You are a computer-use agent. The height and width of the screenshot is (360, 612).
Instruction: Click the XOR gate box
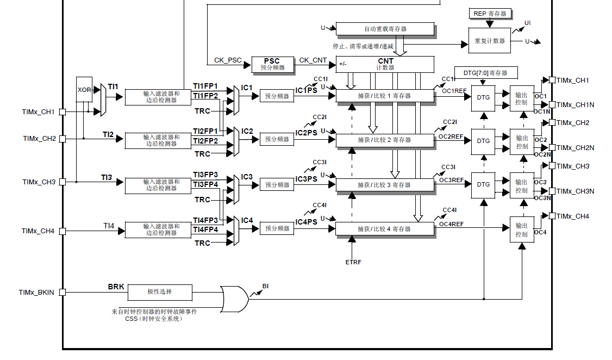click(84, 90)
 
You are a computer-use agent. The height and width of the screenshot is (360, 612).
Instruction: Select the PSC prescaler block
click(272, 64)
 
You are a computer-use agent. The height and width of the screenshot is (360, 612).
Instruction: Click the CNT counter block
click(385, 64)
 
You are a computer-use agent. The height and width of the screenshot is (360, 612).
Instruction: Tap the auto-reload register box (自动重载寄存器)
click(385, 29)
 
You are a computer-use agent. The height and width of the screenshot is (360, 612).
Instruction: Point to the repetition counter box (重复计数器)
click(489, 41)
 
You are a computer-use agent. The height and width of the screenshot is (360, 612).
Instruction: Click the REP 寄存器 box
click(490, 14)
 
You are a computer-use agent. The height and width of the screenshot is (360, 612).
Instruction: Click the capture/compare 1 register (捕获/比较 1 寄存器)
click(385, 96)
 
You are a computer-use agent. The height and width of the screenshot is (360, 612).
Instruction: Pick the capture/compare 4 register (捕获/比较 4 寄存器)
click(385, 229)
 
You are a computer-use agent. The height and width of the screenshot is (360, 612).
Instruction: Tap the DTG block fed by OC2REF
click(483, 141)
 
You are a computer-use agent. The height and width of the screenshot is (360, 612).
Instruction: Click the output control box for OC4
click(521, 229)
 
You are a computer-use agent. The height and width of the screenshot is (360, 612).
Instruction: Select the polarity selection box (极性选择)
click(159, 292)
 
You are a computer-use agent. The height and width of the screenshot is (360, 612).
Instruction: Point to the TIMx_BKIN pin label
click(36, 293)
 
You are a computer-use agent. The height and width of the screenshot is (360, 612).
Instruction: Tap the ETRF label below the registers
click(353, 262)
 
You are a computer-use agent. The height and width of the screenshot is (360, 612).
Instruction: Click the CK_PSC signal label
click(227, 60)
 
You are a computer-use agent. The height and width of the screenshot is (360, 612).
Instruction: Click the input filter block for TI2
click(161, 140)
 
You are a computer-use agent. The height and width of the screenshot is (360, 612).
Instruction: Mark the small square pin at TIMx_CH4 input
click(63, 231)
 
